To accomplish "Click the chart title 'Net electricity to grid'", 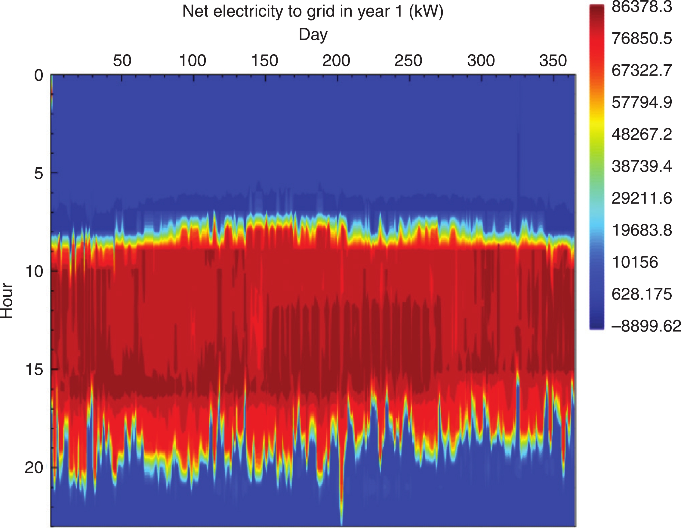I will (313, 12).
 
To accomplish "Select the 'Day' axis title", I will (313, 34).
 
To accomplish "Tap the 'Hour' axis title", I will (7, 300).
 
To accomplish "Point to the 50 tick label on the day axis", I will (122, 61).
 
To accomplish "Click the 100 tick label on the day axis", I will (193, 61).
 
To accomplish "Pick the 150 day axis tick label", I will (264, 61).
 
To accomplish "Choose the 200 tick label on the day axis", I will (336, 61).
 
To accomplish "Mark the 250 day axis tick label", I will (408, 61).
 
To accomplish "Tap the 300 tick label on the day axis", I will (481, 61).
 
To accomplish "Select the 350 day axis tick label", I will (553, 61).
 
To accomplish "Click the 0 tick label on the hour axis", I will (39, 76).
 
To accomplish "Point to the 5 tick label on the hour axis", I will (39, 173).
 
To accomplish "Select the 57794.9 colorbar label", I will (642, 102).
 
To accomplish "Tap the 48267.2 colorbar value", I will (642, 134).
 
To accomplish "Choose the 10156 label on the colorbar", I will (635, 262).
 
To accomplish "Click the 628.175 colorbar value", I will (642, 294).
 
